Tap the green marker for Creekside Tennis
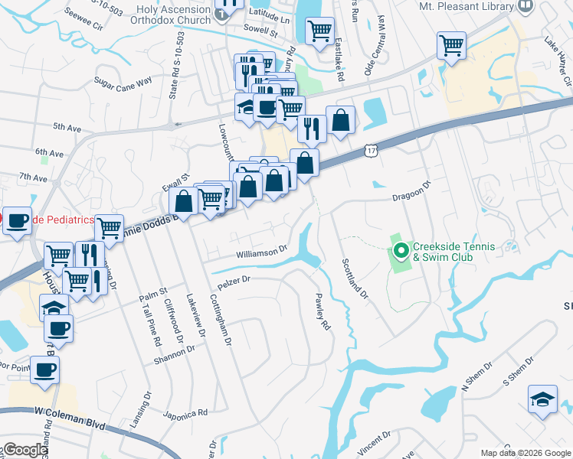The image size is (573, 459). (x=401, y=250)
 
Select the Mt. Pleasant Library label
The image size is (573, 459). (x=467, y=6)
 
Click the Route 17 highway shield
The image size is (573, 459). (x=371, y=151)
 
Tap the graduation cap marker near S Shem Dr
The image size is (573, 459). (x=542, y=399)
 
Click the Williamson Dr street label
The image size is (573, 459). (x=260, y=249)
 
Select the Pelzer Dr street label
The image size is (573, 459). (x=234, y=281)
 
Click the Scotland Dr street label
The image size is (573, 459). (x=355, y=278)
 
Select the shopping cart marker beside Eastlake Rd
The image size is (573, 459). (x=319, y=32)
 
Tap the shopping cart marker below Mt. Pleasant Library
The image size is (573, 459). (x=451, y=45)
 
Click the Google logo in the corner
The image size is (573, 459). (x=25, y=450)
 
